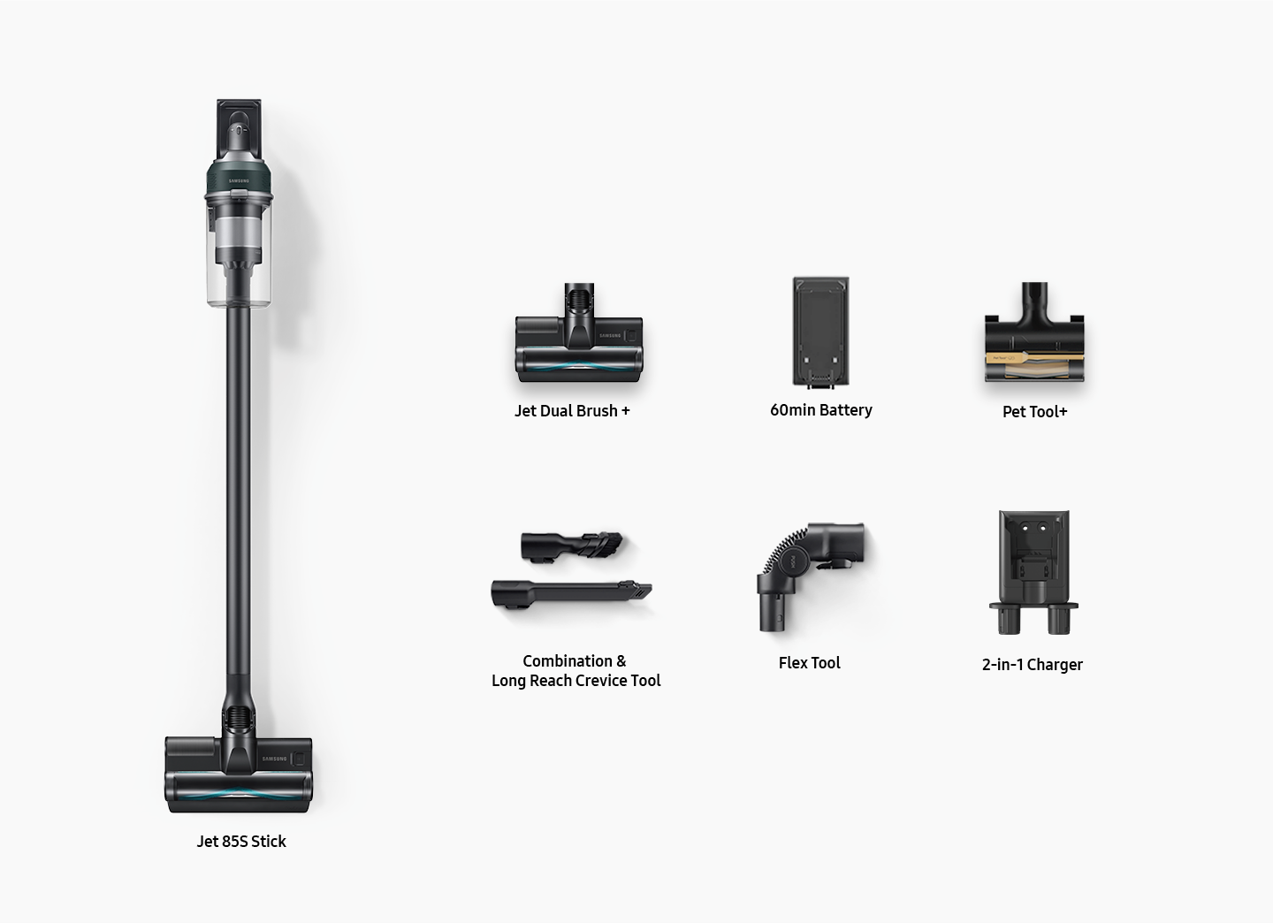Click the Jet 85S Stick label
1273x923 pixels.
(x=241, y=841)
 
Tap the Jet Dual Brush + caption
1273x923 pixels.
(x=572, y=410)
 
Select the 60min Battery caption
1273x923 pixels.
(x=820, y=410)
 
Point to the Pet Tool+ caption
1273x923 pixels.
(x=1034, y=411)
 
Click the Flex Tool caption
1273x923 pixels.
(x=809, y=663)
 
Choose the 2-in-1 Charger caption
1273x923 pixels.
(x=1032, y=665)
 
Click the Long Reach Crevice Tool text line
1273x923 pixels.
(x=576, y=681)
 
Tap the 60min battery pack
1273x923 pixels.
(x=820, y=332)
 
